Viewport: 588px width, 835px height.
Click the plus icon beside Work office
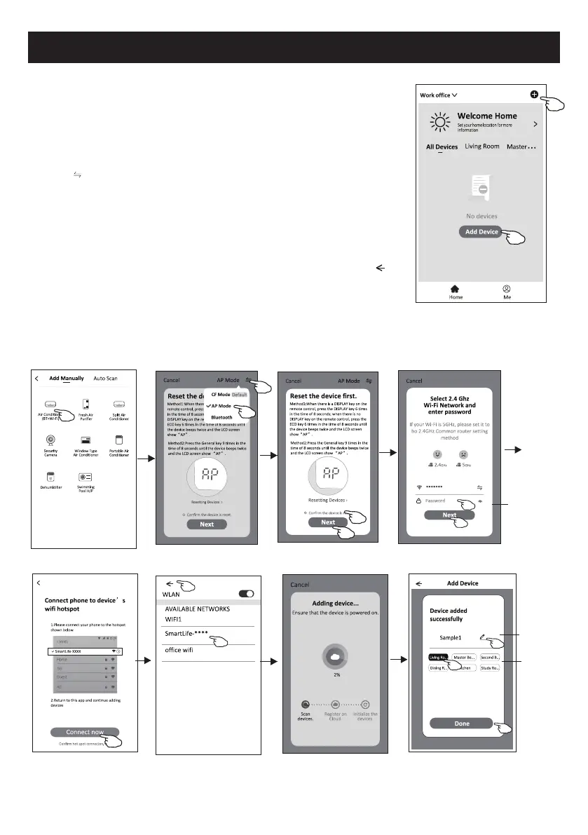coord(535,94)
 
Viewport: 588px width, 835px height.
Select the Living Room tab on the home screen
coord(482,147)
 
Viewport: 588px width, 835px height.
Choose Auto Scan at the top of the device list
coord(105,379)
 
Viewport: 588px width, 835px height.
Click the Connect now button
coord(84,732)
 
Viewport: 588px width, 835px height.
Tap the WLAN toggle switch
coord(246,593)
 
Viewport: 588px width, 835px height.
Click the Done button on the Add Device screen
coord(462,723)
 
